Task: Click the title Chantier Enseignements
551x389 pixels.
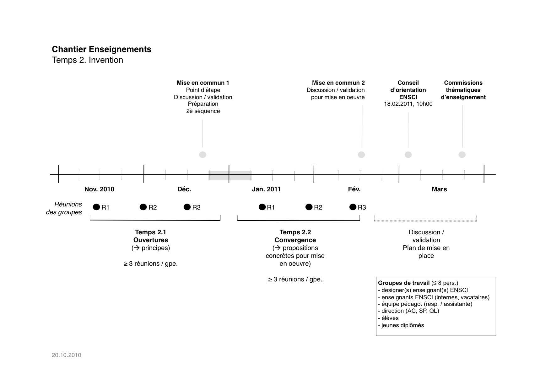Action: click(x=101, y=49)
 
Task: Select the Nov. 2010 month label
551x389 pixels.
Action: click(x=99, y=189)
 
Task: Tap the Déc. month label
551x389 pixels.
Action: click(x=184, y=189)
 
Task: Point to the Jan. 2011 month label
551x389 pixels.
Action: click(x=266, y=189)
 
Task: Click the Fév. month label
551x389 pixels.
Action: click(x=354, y=189)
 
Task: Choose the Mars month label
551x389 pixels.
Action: click(x=439, y=189)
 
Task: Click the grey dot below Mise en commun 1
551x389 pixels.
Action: click(x=203, y=155)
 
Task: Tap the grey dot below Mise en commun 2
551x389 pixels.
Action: click(x=362, y=155)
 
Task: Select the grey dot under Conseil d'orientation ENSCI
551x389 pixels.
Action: click(x=408, y=155)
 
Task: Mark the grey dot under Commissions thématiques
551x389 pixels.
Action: click(x=462, y=155)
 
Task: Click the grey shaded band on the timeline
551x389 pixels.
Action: click(x=230, y=175)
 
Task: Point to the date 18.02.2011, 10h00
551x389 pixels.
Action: click(x=408, y=104)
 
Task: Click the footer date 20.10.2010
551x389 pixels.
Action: click(x=67, y=355)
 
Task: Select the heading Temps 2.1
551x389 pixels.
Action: click(x=150, y=232)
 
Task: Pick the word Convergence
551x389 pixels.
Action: click(x=295, y=240)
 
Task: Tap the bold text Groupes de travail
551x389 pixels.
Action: click(x=403, y=283)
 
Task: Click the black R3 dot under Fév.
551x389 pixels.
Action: click(x=353, y=207)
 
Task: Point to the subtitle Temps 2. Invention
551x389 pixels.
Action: click(x=87, y=60)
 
